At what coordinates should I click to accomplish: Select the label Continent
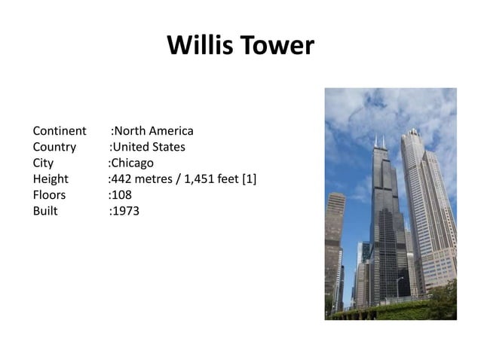pos(60,131)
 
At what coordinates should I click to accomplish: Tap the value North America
pos(153,131)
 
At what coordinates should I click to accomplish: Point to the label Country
pos(54,147)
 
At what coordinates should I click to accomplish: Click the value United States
pos(149,147)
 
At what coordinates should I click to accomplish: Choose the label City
pos(43,163)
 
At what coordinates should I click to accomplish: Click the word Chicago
pos(133,163)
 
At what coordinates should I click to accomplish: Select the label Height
pos(51,179)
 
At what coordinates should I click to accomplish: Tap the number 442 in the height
pos(121,179)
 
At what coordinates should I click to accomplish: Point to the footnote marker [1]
pos(249,179)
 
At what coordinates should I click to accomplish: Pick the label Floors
pos(49,195)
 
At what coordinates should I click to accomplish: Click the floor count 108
pos(121,195)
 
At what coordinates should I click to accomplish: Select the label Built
pos(45,211)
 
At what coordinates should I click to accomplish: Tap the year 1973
pos(126,211)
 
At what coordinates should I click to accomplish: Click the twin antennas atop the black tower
pos(379,142)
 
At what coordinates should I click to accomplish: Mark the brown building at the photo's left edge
pos(334,241)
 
